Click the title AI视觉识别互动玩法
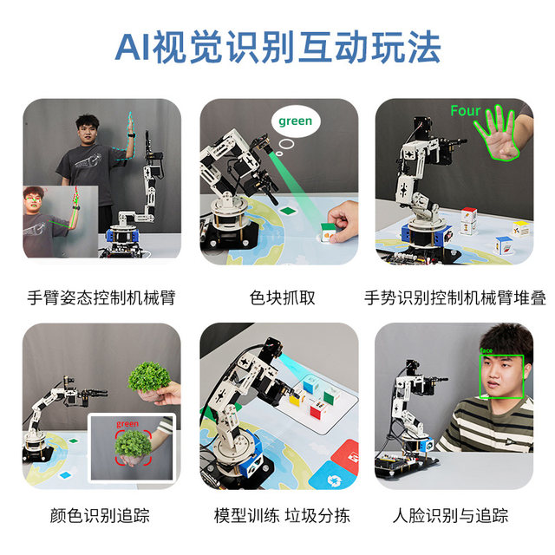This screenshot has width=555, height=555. tap(277, 46)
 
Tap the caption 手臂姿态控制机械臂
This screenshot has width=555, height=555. tap(101, 298)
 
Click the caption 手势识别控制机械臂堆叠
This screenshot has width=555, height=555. tap(454, 298)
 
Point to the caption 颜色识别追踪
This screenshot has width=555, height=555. tap(101, 515)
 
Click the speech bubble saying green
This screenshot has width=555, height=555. tap(295, 121)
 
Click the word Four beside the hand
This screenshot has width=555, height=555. tap(465, 111)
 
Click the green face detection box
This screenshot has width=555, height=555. tap(503, 374)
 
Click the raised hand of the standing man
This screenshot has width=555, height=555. tap(129, 124)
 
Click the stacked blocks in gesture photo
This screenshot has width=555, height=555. tap(469, 220)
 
